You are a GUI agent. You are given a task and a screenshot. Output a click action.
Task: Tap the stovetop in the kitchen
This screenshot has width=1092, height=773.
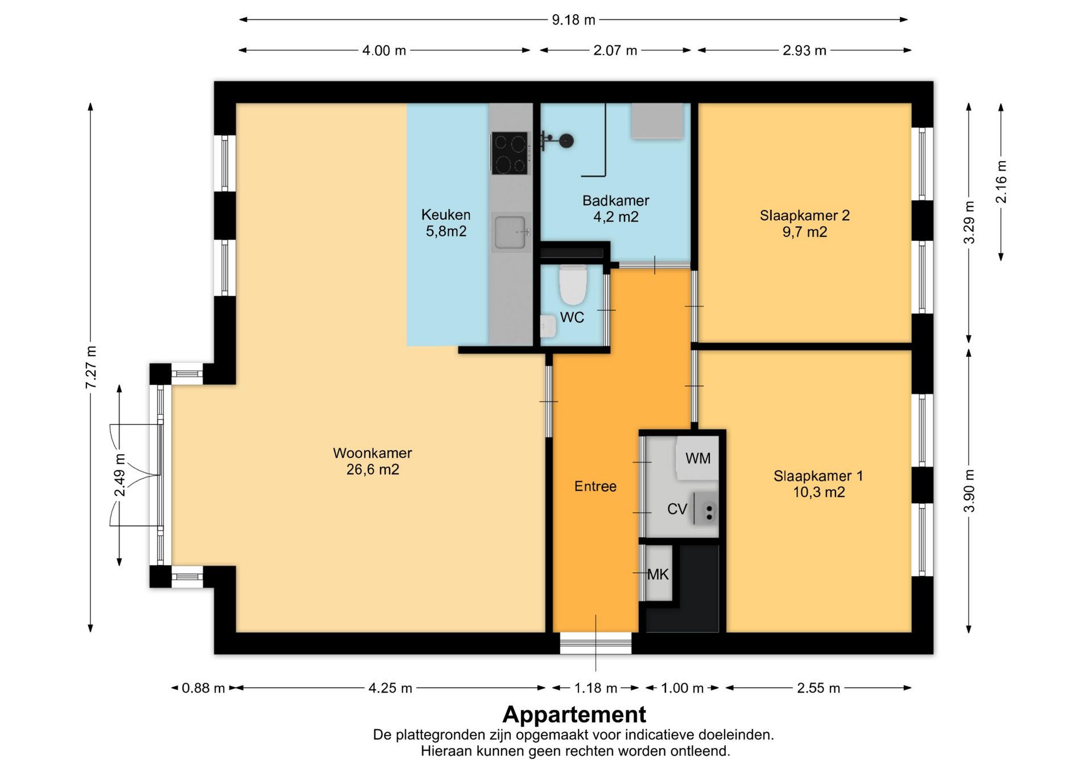(x=510, y=153)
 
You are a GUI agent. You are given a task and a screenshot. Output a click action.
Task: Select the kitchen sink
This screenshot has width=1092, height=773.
(x=511, y=232)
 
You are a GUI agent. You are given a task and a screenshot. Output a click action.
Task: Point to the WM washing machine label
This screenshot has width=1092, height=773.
(x=698, y=458)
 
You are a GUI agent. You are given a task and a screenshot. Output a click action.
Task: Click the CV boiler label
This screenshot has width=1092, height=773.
(x=677, y=509)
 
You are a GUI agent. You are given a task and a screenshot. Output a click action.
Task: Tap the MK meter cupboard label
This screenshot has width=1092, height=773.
(x=658, y=575)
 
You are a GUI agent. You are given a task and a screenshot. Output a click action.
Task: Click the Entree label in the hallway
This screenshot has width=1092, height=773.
(x=595, y=487)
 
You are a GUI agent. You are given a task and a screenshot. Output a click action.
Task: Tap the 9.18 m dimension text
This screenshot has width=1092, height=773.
(x=573, y=20)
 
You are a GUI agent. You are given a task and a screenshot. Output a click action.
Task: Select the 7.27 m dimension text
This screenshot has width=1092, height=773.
(x=91, y=367)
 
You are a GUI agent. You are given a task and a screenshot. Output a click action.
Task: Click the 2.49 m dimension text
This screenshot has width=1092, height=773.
(x=119, y=475)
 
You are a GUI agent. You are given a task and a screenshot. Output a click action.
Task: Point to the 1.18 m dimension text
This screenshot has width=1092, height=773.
(x=595, y=688)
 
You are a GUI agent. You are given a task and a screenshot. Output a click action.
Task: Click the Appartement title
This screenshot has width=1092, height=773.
(x=574, y=714)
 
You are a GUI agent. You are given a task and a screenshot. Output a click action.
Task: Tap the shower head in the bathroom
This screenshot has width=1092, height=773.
(x=566, y=141)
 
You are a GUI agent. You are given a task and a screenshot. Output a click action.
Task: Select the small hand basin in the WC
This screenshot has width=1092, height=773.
(x=548, y=327)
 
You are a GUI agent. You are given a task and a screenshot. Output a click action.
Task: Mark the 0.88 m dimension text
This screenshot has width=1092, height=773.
(x=203, y=688)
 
